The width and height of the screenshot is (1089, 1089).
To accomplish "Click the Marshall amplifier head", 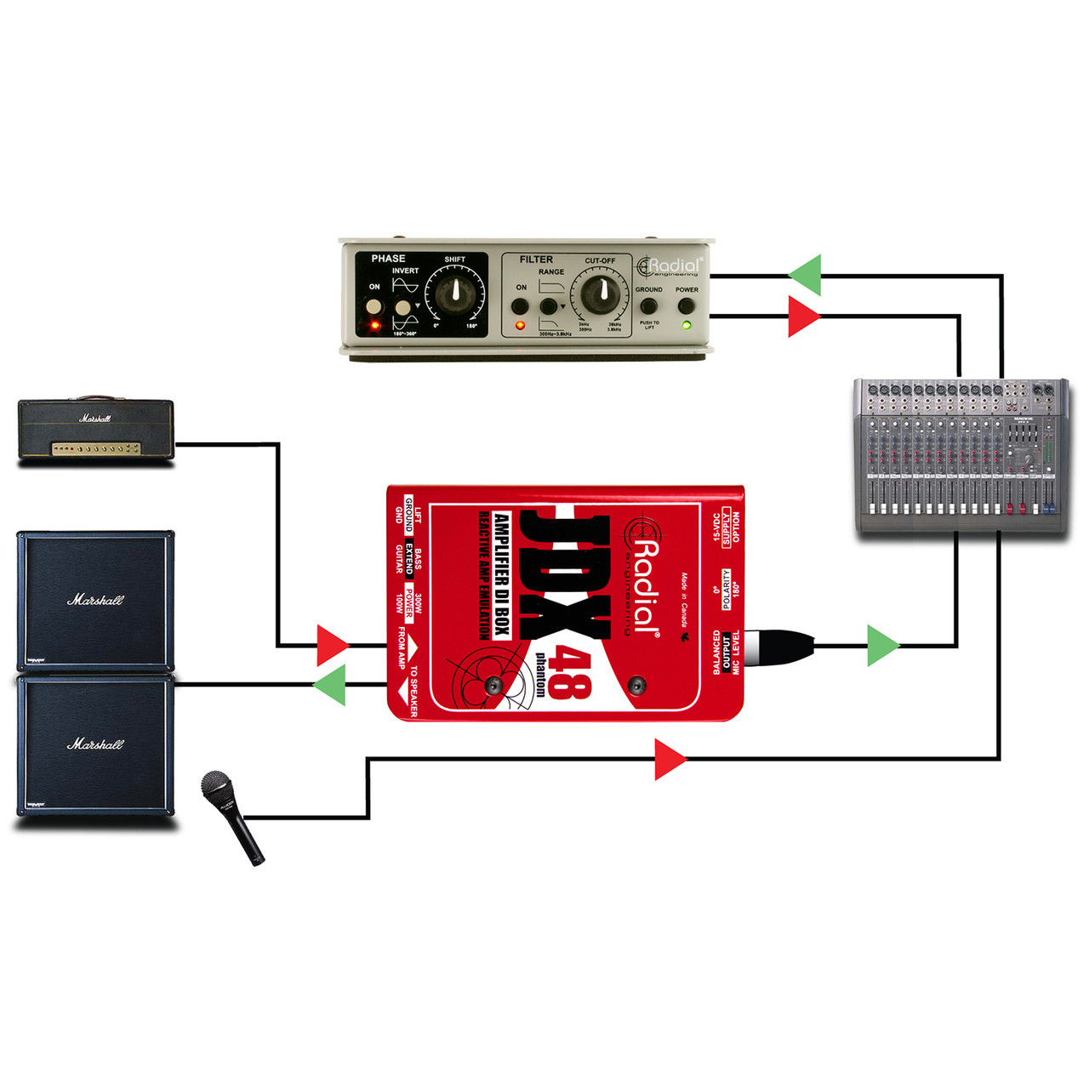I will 96,430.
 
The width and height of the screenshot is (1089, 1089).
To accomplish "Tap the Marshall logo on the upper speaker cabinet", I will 95,600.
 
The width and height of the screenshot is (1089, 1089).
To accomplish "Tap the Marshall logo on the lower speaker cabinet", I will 95,744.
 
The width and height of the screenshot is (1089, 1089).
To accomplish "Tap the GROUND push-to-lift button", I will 649,306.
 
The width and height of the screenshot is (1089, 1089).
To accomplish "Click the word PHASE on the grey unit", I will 388,259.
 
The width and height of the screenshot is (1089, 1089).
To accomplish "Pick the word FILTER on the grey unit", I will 536,259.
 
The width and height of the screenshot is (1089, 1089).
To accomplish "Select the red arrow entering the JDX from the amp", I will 333,646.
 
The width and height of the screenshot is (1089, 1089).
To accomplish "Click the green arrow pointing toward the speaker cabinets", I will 329,685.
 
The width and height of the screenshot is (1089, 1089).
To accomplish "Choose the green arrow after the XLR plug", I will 883,646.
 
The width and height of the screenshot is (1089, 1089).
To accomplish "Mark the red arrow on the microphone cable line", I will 670,759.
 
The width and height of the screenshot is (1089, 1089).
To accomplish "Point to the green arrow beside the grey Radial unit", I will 805,276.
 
